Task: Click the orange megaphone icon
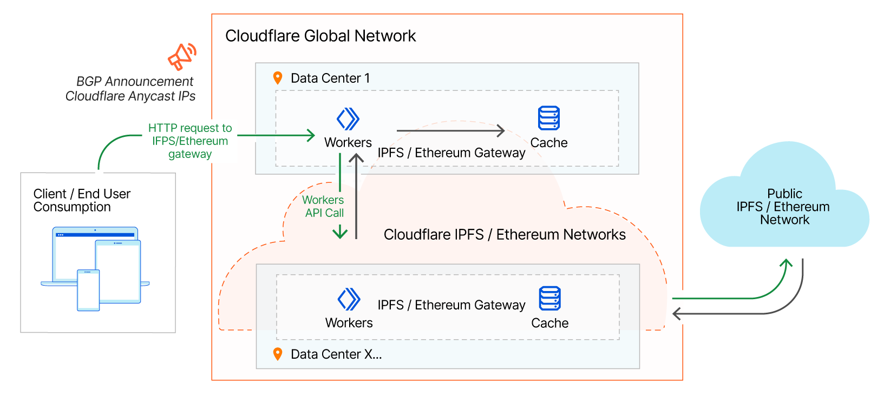(x=181, y=57)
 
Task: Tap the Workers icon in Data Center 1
(x=348, y=119)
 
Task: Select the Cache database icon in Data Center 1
(x=548, y=118)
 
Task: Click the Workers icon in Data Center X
(x=349, y=299)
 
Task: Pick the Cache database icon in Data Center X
(x=549, y=299)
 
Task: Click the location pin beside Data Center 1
(x=278, y=78)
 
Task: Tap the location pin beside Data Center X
(x=278, y=354)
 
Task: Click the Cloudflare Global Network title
(x=320, y=36)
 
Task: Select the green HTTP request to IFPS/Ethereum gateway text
(x=190, y=141)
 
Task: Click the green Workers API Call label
(x=324, y=206)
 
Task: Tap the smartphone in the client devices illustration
(x=88, y=290)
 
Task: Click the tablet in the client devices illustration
(x=118, y=270)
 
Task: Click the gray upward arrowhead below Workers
(x=356, y=159)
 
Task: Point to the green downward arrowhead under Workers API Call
(x=340, y=233)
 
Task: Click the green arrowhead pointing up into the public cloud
(x=786, y=263)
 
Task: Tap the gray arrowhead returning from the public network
(x=677, y=313)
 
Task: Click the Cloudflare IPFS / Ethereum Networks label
(x=504, y=235)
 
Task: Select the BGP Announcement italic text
(x=134, y=82)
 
